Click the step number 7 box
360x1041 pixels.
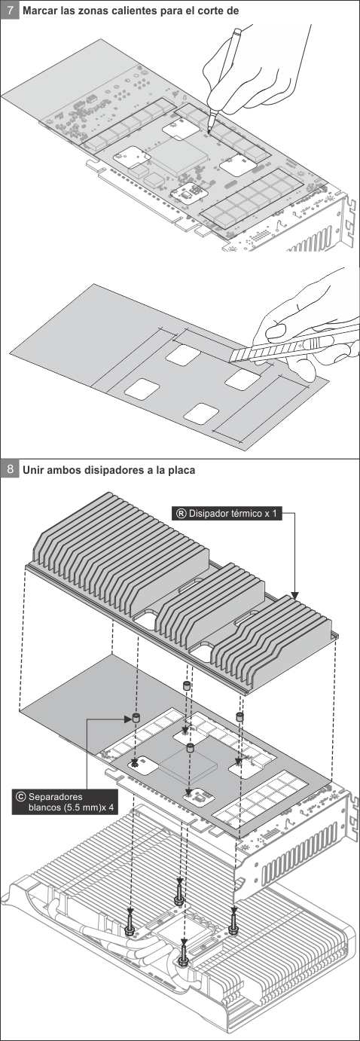(x=10, y=9)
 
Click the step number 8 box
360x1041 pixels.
(x=10, y=469)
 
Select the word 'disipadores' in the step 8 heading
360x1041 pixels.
(x=116, y=470)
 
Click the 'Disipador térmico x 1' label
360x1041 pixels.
(x=227, y=514)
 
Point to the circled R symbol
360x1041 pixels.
(x=181, y=514)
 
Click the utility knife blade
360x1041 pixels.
(x=242, y=355)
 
